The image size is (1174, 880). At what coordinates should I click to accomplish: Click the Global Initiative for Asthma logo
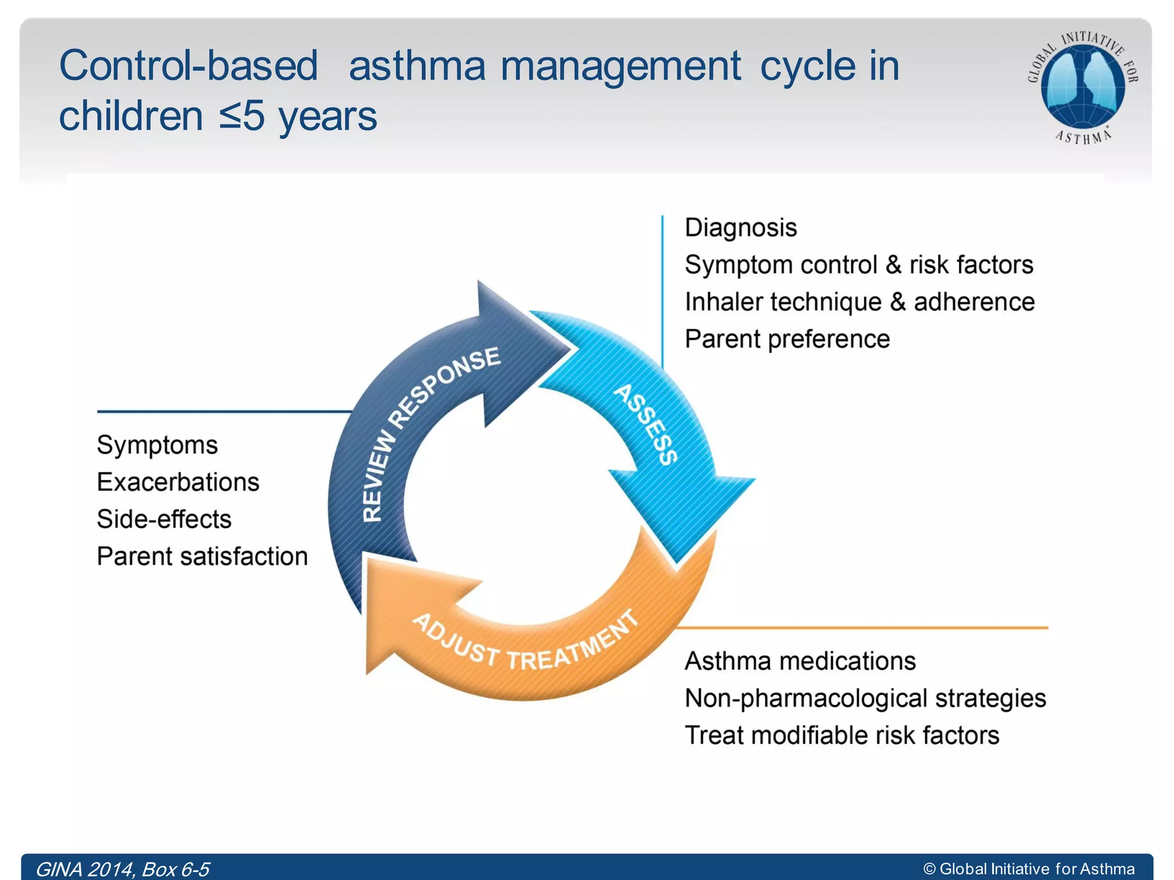click(x=1082, y=86)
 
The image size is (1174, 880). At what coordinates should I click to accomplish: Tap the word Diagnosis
click(x=741, y=228)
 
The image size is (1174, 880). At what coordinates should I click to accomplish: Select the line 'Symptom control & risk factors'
click(x=859, y=265)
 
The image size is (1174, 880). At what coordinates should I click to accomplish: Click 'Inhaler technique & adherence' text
click(x=859, y=302)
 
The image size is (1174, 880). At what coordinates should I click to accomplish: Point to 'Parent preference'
click(x=787, y=339)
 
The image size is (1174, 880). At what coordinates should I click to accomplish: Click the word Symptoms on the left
click(x=157, y=445)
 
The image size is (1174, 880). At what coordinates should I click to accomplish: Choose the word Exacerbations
click(x=178, y=482)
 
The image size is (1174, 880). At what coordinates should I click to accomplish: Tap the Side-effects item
click(x=164, y=520)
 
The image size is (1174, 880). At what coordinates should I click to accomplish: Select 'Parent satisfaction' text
click(x=202, y=557)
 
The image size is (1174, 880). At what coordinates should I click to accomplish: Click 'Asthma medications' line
click(x=800, y=662)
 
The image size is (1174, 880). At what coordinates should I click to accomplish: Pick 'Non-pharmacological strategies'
click(x=865, y=699)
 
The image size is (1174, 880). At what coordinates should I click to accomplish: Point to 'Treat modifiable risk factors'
click(x=842, y=736)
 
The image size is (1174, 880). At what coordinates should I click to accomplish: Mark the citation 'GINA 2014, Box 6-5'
click(x=123, y=869)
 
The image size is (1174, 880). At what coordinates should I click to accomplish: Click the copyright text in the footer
click(x=1029, y=869)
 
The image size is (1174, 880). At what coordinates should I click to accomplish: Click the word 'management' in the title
click(x=621, y=66)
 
